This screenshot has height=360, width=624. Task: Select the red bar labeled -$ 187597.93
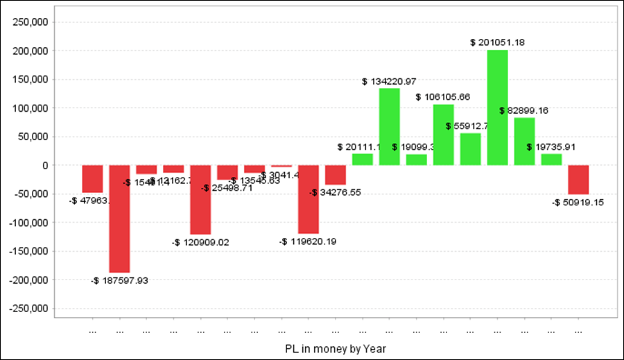pos(119,218)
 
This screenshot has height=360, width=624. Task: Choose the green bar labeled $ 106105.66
pos(443,135)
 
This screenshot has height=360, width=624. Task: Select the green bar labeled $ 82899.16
pos(524,142)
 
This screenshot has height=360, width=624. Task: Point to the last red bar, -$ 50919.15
pos(578,180)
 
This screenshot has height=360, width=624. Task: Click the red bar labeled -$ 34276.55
pos(336,175)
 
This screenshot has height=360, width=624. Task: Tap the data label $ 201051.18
pos(497,42)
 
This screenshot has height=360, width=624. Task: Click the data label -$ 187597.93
pos(119,280)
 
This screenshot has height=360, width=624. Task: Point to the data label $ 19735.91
pos(551,147)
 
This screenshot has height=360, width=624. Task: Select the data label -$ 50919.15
pos(578,203)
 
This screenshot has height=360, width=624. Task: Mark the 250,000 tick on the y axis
pos(28,22)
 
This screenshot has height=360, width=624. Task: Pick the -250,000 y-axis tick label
pos(27,309)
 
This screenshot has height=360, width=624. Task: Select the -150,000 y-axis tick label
pos(27,251)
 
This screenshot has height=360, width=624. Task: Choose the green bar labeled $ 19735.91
pos(551,160)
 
